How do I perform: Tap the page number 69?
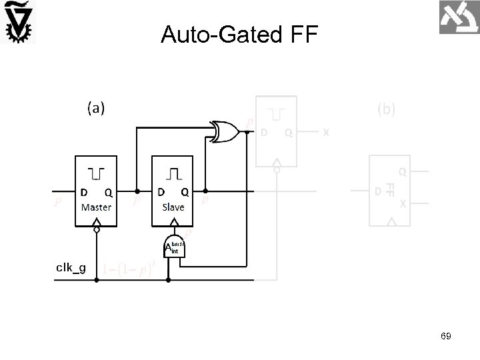[445, 337]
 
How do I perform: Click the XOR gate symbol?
[224, 131]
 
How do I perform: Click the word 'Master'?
[97, 207]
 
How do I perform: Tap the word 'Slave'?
[173, 207]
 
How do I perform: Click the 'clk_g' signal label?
[70, 268]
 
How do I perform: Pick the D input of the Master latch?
[85, 193]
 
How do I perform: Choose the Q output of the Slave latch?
[185, 193]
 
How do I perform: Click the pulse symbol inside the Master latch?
[97, 174]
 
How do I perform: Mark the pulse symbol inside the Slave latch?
[173, 174]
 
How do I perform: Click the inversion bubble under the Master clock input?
[97, 231]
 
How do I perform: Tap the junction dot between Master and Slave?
[137, 191]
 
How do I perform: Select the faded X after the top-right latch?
[325, 132]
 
